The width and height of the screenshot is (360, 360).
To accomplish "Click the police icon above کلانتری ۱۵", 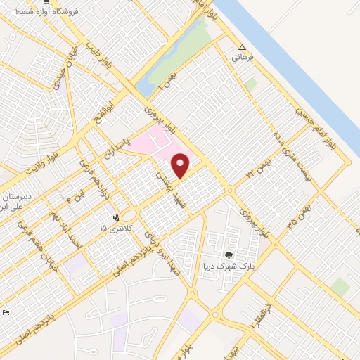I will coord(116,217).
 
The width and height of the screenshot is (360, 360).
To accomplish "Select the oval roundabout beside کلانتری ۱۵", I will coord(129,216).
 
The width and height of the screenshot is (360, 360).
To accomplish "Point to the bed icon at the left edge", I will coord(6,312).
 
